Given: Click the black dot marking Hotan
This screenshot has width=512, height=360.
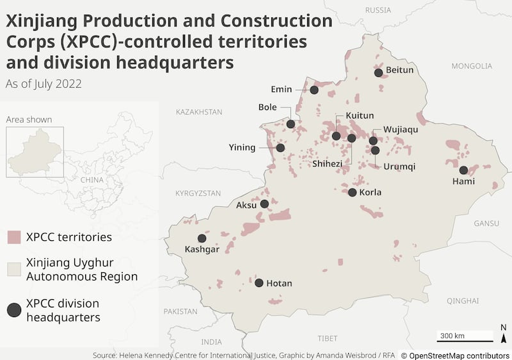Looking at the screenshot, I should tap(259, 282).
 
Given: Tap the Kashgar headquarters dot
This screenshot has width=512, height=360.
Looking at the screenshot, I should tap(202, 238).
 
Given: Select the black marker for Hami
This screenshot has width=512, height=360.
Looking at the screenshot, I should tap(463, 170).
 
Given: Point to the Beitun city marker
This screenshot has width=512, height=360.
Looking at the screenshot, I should tap(378, 72).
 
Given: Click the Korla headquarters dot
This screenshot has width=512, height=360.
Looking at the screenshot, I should tap(353, 192).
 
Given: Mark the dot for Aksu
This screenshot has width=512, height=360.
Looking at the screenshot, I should tap(264, 204).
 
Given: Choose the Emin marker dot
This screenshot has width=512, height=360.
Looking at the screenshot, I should tap(314, 90).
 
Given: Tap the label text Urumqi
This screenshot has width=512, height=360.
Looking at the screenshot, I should tap(399, 167).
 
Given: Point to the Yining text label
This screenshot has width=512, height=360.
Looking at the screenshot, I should tap(242, 148).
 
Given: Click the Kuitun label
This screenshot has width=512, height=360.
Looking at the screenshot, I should tap(359, 116).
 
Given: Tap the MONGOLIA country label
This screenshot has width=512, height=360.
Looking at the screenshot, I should tap(472, 66).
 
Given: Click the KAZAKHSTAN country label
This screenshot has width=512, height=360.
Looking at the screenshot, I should tap(199, 111).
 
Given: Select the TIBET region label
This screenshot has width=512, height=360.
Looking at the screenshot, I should tap(327, 338).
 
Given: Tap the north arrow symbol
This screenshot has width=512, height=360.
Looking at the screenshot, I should tap(504, 333).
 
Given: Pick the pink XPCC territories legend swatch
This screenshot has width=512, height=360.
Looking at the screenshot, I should tap(15, 237).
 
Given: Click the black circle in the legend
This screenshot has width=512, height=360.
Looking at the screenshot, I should tap(15, 310).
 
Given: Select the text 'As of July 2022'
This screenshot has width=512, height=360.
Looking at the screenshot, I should tap(44, 83).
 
